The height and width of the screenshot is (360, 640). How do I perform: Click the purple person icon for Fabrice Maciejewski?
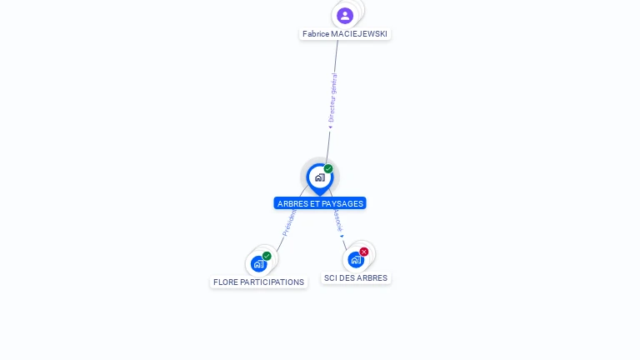click(345, 15)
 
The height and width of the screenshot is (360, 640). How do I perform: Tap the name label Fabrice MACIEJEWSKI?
click(345, 34)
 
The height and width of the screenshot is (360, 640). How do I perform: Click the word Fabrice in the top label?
click(316, 34)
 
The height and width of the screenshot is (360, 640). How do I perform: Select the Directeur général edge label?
click(332, 98)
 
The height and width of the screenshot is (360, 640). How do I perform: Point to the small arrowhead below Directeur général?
click(330, 127)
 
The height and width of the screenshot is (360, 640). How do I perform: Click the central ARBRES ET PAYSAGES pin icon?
click(319, 177)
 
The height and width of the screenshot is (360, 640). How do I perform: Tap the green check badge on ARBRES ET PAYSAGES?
click(328, 169)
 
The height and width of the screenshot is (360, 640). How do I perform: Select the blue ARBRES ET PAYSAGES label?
click(320, 203)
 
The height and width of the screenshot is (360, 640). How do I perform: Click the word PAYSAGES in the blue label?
click(344, 203)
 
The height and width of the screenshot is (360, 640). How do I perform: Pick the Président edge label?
click(288, 222)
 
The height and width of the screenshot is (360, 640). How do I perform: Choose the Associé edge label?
click(337, 220)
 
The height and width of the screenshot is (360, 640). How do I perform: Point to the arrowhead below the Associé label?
click(342, 236)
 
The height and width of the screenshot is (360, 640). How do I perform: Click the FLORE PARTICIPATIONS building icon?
click(258, 263)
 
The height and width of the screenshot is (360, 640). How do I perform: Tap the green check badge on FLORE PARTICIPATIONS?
click(267, 256)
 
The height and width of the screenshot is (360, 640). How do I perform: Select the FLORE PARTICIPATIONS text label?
click(258, 282)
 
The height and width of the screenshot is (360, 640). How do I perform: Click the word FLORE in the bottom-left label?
click(226, 282)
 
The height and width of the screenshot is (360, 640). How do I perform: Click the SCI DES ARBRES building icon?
click(356, 259)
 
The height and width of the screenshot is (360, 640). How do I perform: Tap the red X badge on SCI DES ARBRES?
click(364, 252)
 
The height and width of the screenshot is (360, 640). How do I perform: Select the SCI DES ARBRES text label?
click(356, 278)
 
